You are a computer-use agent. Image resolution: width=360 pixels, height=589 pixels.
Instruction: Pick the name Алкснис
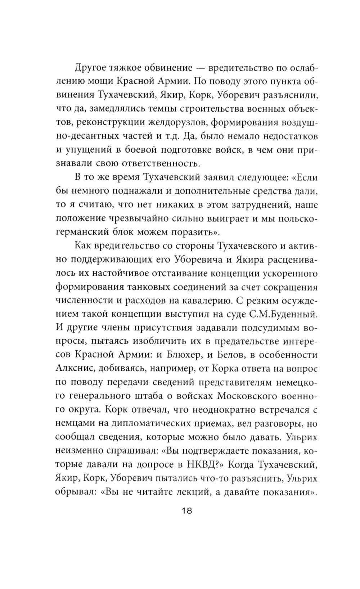[x=76, y=368]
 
